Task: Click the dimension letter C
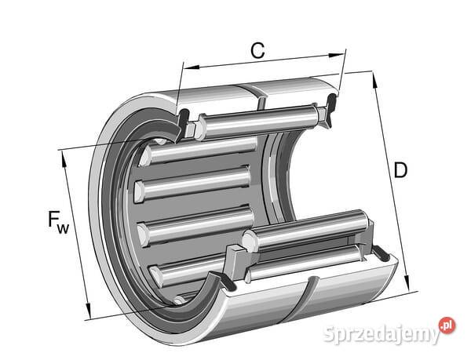click(257, 50)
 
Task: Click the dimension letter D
click(400, 169)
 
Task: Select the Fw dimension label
click(58, 222)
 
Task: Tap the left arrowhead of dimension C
click(191, 67)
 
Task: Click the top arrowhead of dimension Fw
click(64, 158)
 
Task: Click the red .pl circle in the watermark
click(447, 325)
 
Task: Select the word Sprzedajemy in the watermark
click(382, 333)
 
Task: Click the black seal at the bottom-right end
click(381, 253)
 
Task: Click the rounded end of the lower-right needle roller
click(250, 240)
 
